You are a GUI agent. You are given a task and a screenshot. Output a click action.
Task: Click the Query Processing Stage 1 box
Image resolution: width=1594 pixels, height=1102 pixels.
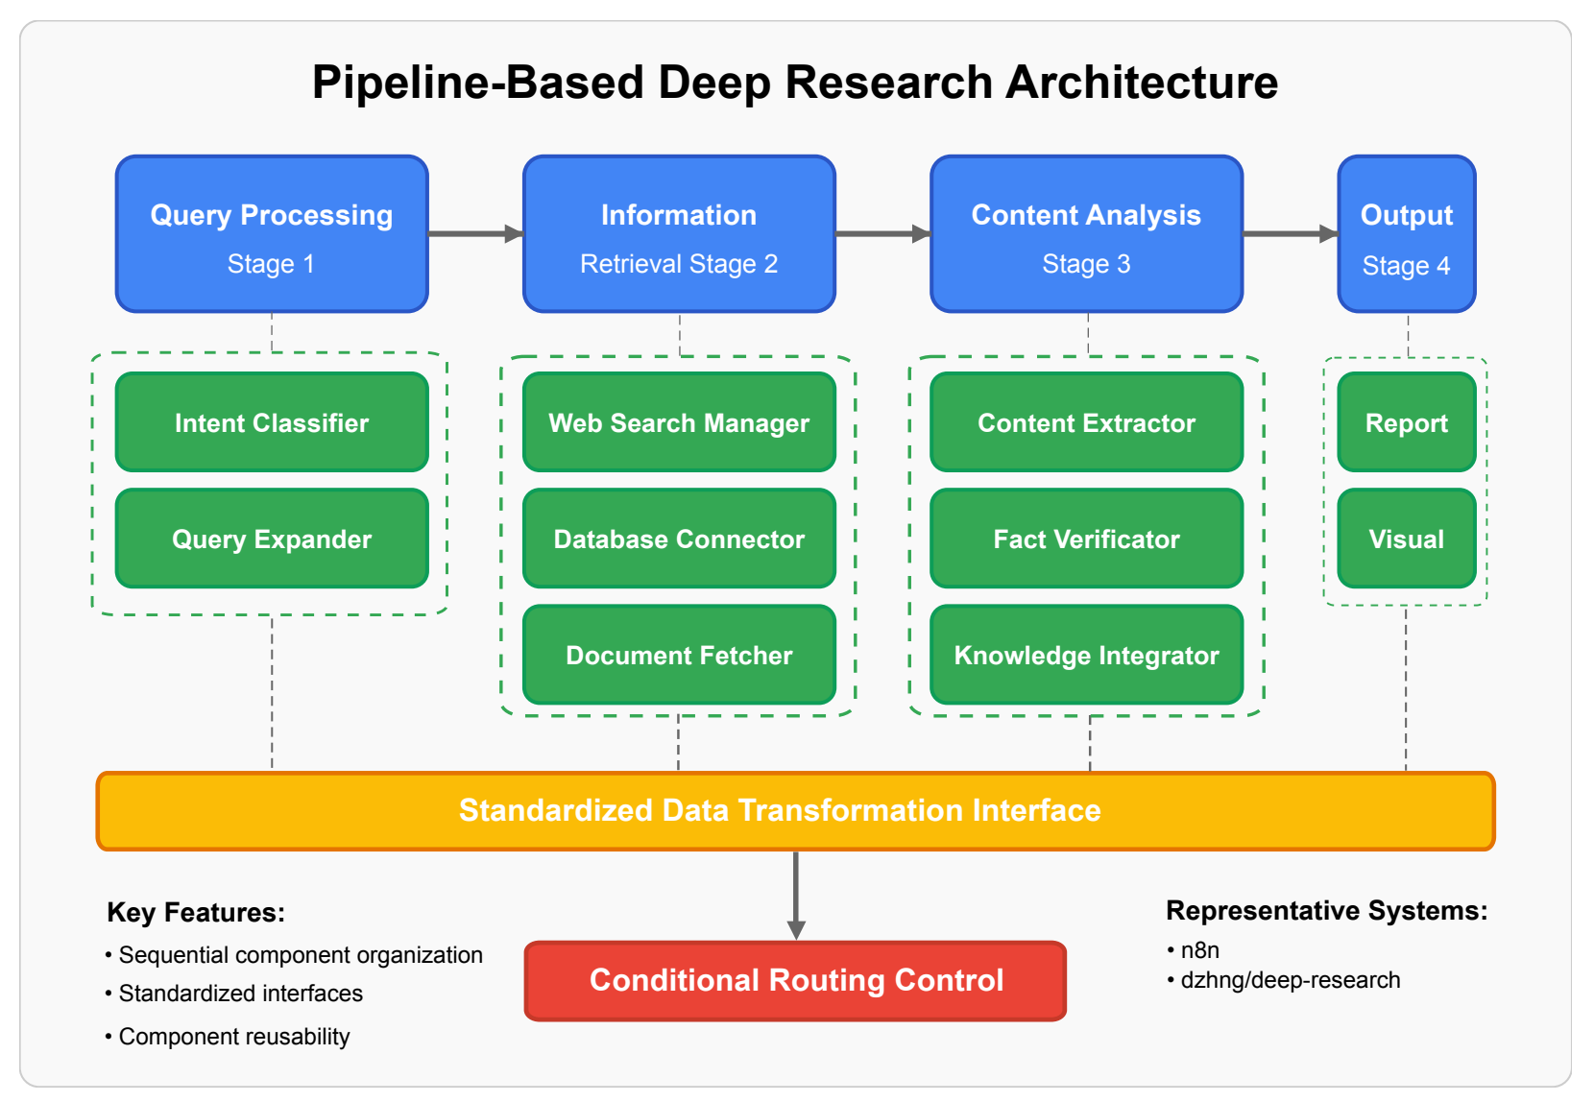(272, 234)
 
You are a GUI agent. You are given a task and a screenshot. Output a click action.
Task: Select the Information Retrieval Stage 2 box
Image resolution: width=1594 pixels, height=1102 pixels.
(679, 234)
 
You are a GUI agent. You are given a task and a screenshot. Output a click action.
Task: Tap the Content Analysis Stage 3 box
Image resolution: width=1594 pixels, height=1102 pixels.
(1086, 234)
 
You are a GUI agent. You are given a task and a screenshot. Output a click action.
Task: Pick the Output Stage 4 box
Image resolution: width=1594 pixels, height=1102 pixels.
(1406, 234)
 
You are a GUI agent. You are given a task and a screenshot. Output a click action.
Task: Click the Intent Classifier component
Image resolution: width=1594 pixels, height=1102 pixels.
(272, 422)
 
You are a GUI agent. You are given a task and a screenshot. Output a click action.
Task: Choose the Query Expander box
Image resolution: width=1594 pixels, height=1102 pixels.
(272, 539)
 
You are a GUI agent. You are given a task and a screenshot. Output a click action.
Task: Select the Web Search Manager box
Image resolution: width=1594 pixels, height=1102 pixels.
(679, 422)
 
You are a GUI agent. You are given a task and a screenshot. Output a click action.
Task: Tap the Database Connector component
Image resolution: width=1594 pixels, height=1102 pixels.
(679, 539)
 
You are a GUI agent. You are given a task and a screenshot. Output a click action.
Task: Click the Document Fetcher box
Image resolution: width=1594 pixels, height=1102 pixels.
(679, 655)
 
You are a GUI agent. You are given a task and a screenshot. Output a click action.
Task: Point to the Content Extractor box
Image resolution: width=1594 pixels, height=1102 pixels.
(1086, 422)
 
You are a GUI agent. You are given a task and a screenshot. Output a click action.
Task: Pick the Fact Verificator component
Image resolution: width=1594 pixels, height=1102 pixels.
(1086, 539)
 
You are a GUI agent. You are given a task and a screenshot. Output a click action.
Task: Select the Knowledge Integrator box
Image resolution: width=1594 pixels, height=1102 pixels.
(1086, 655)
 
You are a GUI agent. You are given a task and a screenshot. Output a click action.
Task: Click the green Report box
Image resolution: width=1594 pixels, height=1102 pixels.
(1406, 422)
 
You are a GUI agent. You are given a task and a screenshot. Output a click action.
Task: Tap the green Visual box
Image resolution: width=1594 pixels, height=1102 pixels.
(1406, 539)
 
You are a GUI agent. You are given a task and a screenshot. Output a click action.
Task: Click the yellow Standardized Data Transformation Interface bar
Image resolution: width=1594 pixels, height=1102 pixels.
(795, 811)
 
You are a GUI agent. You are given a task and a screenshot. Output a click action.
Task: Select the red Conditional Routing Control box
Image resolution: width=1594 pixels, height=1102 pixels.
(795, 980)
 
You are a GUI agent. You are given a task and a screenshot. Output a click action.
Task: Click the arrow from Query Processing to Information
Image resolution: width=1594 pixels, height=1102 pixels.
(474, 233)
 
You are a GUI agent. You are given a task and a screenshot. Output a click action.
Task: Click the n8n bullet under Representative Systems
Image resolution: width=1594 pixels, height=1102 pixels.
(1198, 950)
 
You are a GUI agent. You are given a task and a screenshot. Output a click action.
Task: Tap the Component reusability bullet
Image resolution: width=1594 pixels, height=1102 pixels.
(233, 1037)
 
